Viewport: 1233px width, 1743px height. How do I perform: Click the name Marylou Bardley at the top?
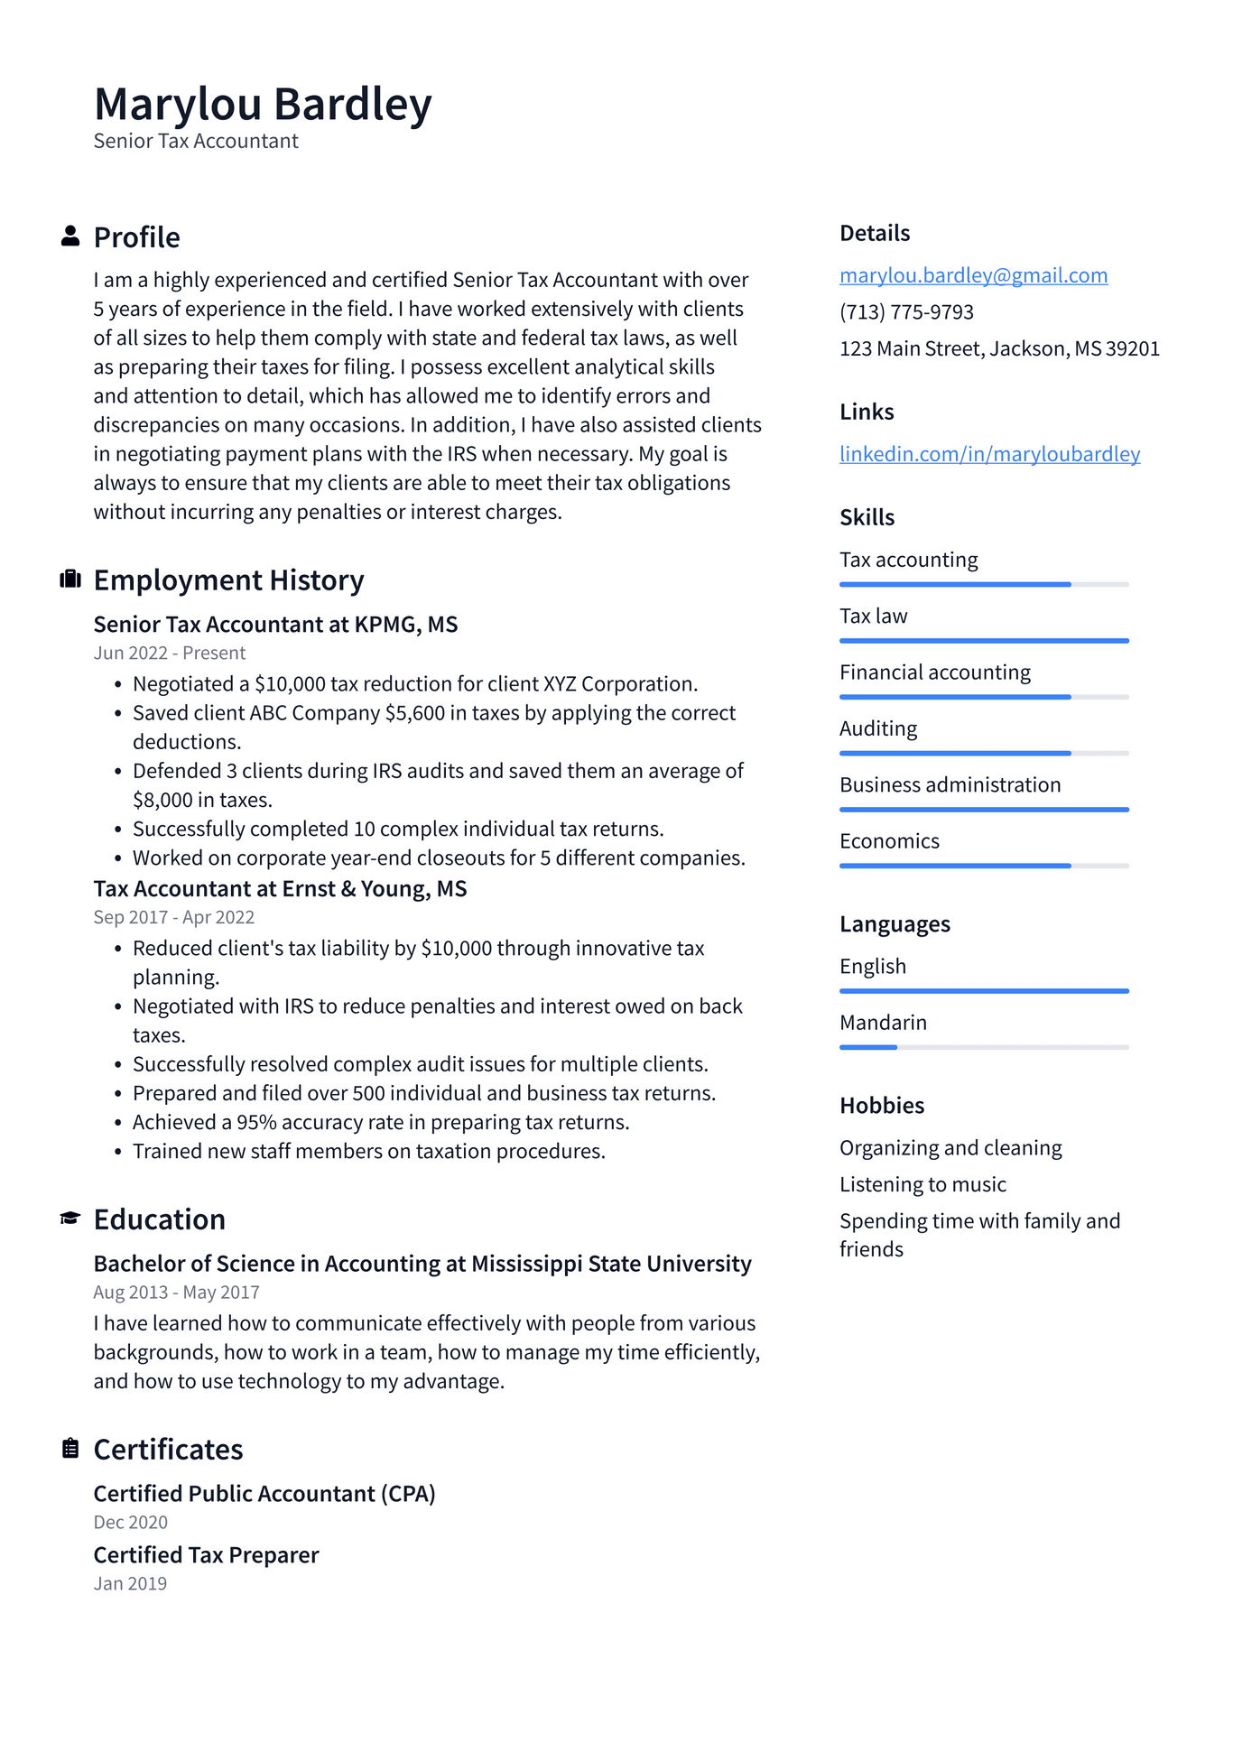[x=263, y=105]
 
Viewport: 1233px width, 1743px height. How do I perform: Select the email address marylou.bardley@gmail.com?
[x=973, y=275]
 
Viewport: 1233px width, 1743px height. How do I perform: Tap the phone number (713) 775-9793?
[x=906, y=312]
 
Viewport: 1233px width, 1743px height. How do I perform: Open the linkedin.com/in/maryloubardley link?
[x=989, y=454]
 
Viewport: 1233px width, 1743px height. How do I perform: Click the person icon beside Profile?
[x=70, y=236]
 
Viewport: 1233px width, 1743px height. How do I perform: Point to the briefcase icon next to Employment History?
[x=70, y=579]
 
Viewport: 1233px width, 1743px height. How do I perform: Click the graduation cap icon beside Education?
[x=70, y=1219]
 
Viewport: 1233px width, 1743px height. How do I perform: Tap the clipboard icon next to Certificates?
[x=70, y=1449]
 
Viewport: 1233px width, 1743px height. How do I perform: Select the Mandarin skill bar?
[x=984, y=1047]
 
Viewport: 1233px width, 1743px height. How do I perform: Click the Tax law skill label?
[x=873, y=617]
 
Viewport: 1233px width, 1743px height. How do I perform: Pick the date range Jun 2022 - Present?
[x=170, y=653]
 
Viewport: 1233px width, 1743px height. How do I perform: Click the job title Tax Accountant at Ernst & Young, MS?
[x=280, y=889]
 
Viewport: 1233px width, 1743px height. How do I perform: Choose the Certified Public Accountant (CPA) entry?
[x=264, y=1494]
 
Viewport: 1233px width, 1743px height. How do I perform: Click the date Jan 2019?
[x=130, y=1583]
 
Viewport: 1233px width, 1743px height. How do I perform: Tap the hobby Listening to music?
[x=922, y=1184]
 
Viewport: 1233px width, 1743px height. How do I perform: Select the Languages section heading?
[x=895, y=924]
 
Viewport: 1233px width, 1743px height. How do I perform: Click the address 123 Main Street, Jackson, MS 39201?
[x=999, y=349]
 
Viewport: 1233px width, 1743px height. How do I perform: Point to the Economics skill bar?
[x=984, y=866]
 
